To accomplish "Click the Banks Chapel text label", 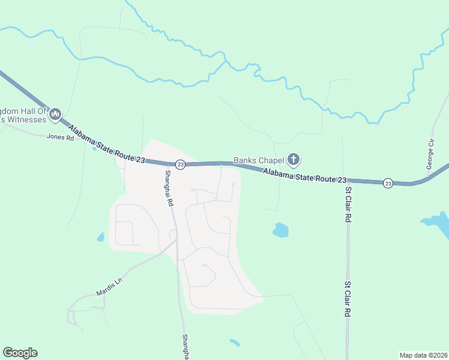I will (x=258, y=160).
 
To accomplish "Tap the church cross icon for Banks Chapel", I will (x=293, y=160).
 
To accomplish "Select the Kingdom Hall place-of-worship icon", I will (x=55, y=114).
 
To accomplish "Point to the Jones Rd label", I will (x=60, y=137).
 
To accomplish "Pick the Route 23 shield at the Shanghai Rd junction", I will (x=179, y=164).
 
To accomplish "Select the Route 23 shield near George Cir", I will (x=388, y=183).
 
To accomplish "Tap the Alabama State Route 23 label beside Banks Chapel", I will (x=306, y=176).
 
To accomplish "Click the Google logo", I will (x=20, y=353).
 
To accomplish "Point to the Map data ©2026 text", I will (x=423, y=355).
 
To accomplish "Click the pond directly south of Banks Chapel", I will (x=280, y=230).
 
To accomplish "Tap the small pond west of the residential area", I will (x=100, y=237).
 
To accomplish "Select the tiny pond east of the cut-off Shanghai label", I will (x=235, y=343).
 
